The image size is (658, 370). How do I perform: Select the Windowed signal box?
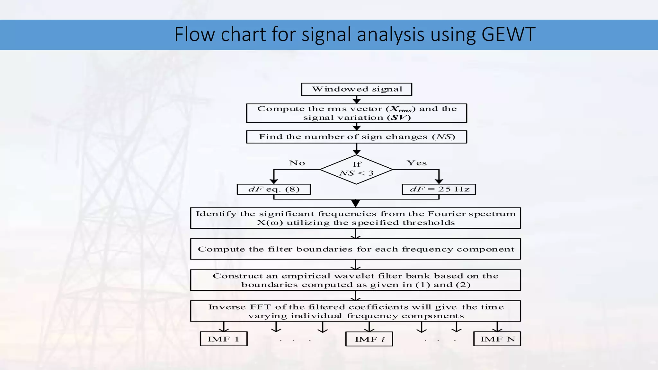pyautogui.click(x=356, y=89)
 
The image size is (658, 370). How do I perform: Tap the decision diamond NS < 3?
pyautogui.click(x=356, y=170)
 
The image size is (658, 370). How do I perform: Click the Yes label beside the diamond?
pyautogui.click(x=417, y=163)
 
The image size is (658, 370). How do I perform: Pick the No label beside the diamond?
pyautogui.click(x=297, y=163)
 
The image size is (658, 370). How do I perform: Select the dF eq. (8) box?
pyautogui.click(x=274, y=189)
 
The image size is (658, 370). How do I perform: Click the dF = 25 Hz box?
pyautogui.click(x=439, y=189)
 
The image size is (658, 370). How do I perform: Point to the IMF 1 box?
pyautogui.click(x=224, y=339)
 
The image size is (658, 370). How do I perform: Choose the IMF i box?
pyautogui.click(x=369, y=339)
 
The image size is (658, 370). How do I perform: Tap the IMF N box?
pyautogui.click(x=497, y=339)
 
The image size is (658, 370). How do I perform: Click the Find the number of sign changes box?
pyautogui.click(x=356, y=137)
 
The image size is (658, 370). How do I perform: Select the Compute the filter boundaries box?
pyautogui.click(x=355, y=249)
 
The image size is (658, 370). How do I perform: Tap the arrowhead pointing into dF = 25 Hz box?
pyautogui.click(x=439, y=181)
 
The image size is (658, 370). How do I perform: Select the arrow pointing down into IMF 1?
pyautogui.click(x=224, y=327)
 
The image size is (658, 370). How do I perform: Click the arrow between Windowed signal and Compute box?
pyautogui.click(x=357, y=100)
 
